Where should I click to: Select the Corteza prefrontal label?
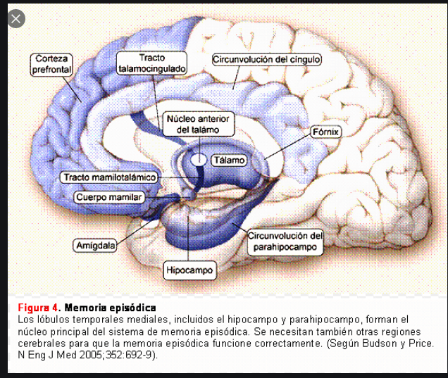51,65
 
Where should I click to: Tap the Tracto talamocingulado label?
152,63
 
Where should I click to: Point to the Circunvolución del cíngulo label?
267,60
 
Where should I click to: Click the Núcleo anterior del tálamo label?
198,124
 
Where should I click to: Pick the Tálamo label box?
228,160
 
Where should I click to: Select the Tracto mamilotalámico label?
108,177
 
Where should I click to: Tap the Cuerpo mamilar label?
108,198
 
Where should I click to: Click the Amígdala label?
95,246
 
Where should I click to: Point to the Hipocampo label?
189,269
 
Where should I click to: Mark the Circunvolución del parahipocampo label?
285,241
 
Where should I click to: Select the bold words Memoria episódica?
110,308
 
